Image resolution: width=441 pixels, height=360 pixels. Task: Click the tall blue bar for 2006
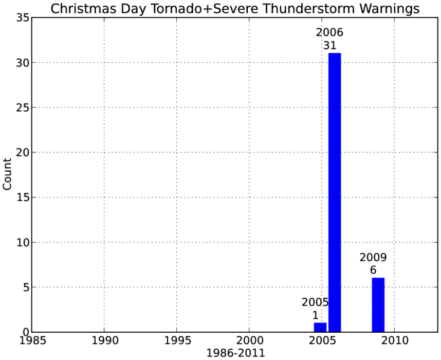(x=335, y=192)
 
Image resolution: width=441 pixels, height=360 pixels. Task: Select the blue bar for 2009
(x=378, y=305)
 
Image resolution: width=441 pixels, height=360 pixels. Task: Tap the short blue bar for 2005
(x=320, y=328)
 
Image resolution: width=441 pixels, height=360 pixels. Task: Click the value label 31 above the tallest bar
(x=329, y=45)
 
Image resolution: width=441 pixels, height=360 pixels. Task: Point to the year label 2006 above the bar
(x=329, y=32)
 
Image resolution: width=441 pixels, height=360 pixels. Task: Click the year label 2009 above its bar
(x=373, y=257)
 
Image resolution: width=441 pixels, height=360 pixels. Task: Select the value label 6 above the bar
(x=373, y=270)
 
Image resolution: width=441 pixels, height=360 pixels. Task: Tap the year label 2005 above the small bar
(x=315, y=302)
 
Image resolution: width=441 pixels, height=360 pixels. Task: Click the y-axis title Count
(x=7, y=174)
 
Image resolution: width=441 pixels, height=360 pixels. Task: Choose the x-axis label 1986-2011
(x=236, y=353)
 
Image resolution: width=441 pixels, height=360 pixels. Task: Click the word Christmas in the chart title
(x=83, y=9)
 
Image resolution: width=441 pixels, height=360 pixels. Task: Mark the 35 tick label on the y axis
(x=23, y=17)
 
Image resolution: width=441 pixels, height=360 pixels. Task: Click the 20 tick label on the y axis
(x=23, y=152)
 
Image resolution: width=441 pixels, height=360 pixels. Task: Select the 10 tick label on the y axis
(x=23, y=242)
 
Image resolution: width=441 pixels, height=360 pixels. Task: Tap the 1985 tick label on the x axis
(x=32, y=340)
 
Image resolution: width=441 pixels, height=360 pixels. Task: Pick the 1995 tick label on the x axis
(x=177, y=340)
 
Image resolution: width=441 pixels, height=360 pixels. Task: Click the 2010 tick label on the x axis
(x=395, y=340)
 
